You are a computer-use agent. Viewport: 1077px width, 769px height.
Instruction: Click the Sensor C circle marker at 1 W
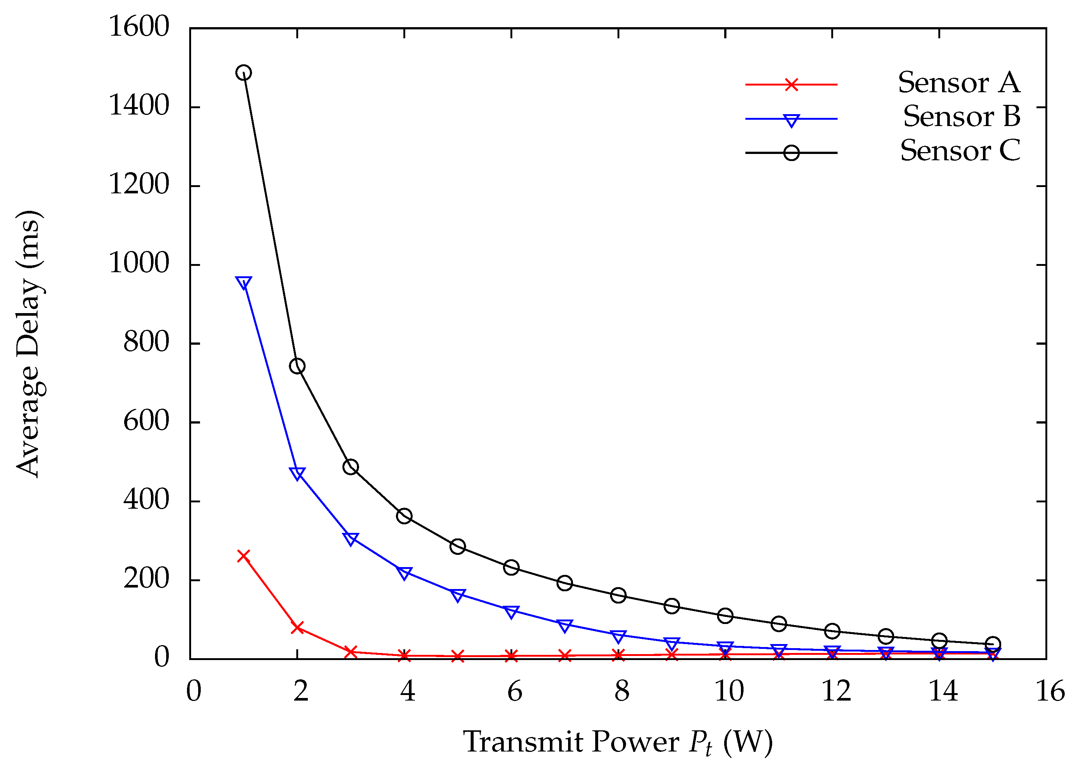pyautogui.click(x=244, y=73)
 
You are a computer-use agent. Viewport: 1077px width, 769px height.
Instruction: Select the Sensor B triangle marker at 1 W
pyautogui.click(x=244, y=283)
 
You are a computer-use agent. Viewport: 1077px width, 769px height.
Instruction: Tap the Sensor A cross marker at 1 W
pyautogui.click(x=244, y=556)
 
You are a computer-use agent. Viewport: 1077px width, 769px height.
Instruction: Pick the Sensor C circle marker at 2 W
pyautogui.click(x=297, y=366)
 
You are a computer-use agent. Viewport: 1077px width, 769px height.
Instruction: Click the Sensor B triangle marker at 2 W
pyautogui.click(x=297, y=473)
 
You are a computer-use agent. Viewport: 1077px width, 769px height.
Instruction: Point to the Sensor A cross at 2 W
pyautogui.click(x=297, y=628)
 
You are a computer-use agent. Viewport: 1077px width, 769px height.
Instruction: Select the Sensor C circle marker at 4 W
pyautogui.click(x=404, y=516)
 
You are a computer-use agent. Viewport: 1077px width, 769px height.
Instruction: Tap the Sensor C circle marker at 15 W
pyautogui.click(x=992, y=644)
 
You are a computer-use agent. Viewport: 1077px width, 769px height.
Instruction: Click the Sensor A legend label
pyautogui.click(x=959, y=83)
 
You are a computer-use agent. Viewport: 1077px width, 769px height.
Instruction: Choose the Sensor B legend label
pyautogui.click(x=961, y=116)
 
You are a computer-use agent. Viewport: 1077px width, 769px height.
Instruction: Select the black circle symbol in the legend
pyautogui.click(x=791, y=153)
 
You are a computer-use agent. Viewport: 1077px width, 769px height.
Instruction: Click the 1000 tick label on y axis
pyautogui.click(x=139, y=263)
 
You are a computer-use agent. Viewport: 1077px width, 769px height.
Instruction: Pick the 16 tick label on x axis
pyautogui.click(x=1050, y=691)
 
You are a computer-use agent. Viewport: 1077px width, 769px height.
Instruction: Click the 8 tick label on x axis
pyautogui.click(x=622, y=691)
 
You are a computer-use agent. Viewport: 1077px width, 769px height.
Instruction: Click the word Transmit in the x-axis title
pyautogui.click(x=523, y=741)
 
